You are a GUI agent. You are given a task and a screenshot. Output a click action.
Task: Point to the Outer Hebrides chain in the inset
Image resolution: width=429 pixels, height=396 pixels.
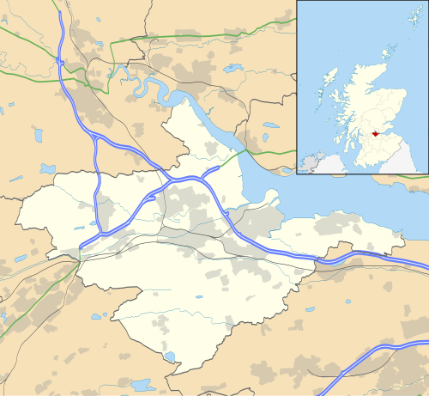(323, 82)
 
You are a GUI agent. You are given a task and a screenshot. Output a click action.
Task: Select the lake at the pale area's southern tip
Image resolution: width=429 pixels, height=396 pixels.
(169, 356)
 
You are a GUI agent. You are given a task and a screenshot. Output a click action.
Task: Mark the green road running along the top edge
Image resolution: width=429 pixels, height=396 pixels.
(172, 36)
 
